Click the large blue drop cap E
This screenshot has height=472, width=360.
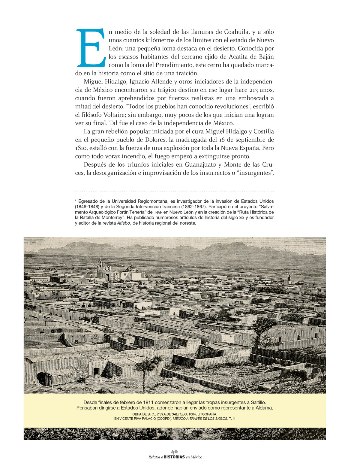(x=91, y=48)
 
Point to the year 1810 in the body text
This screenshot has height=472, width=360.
(x=81, y=148)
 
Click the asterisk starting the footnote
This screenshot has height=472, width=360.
(x=76, y=201)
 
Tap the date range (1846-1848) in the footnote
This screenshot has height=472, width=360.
(x=89, y=207)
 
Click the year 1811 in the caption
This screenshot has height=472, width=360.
(x=149, y=402)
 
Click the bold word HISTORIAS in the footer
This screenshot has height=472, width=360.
(x=174, y=457)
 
